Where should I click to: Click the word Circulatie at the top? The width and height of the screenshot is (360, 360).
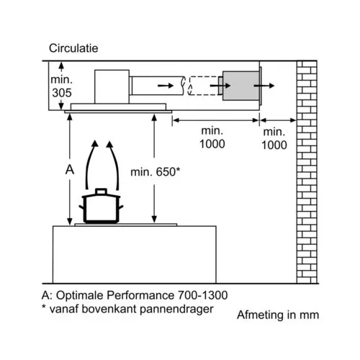tap(73, 48)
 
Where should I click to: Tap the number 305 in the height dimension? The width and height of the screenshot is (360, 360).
tap(62, 93)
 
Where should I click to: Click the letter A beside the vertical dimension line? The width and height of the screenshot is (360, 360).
tap(70, 170)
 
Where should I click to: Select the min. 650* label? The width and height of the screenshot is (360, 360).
tap(155, 172)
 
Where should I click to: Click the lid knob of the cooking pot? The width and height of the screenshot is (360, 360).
tap(101, 192)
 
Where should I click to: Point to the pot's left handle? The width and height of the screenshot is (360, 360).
tap(81, 207)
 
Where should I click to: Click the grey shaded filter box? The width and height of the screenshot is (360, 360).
tap(240, 86)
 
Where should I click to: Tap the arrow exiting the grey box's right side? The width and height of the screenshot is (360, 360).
tap(264, 86)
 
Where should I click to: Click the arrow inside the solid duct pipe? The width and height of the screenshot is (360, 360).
tap(166, 86)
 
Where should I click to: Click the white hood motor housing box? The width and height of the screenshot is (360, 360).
tap(112, 86)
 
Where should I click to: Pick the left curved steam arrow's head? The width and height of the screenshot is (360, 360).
tap(95, 143)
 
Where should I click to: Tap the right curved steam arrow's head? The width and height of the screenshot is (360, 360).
tap(109, 144)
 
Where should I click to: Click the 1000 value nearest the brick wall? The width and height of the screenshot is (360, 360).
tap(274, 145)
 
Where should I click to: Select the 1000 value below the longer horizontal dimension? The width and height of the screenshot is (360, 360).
tap(212, 144)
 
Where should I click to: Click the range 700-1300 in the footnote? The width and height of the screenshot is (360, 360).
tap(202, 295)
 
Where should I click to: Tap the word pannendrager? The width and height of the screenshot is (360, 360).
tap(176, 309)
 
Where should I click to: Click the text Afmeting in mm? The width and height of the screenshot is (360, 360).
tap(278, 315)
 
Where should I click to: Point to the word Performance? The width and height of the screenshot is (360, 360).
tap(140, 295)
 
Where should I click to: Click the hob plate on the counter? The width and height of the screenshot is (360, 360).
tap(126, 225)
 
